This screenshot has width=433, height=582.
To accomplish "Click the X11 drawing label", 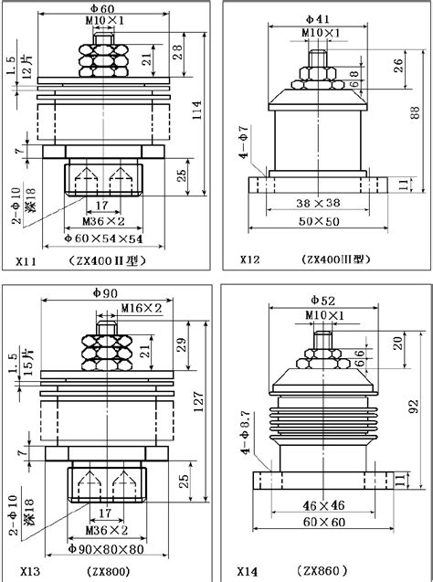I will point(26,261).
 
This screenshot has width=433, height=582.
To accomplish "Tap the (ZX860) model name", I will point(322,571).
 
